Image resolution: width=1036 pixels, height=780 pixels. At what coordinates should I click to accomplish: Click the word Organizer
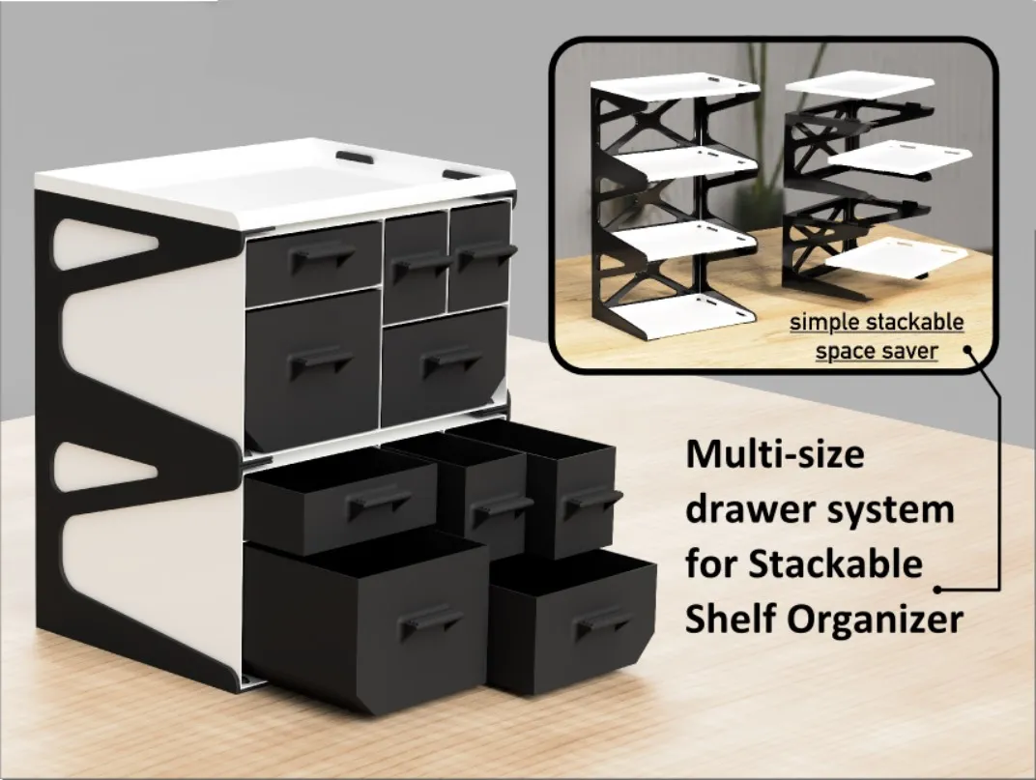(876, 619)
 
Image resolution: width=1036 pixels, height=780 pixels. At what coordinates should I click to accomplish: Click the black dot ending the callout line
(937, 589)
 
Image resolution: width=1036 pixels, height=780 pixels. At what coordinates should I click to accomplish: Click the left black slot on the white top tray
(355, 157)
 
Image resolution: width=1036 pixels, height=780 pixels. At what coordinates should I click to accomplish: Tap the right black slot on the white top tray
(461, 176)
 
